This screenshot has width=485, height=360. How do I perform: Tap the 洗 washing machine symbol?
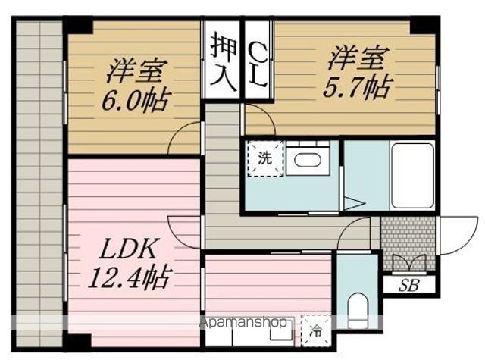(x=264, y=159)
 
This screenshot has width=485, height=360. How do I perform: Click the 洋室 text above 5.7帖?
(x=358, y=58)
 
